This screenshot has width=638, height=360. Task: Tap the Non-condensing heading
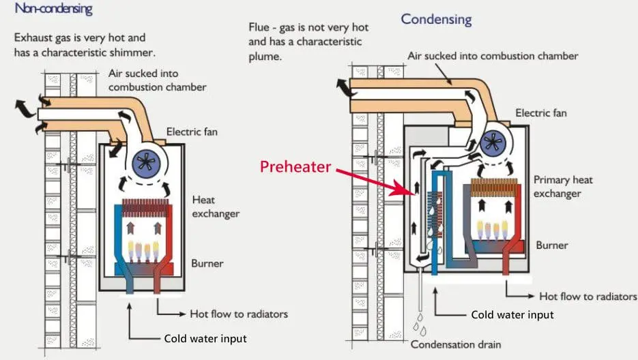point(53,10)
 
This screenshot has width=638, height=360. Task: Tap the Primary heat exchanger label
point(564,186)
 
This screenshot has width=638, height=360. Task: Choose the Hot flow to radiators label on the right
point(588,297)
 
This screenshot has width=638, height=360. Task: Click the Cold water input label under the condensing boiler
point(512,315)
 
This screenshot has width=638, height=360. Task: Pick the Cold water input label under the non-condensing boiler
point(205,338)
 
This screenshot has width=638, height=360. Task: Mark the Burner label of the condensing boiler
point(551,244)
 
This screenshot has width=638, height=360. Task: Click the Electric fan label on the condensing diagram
point(541,113)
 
